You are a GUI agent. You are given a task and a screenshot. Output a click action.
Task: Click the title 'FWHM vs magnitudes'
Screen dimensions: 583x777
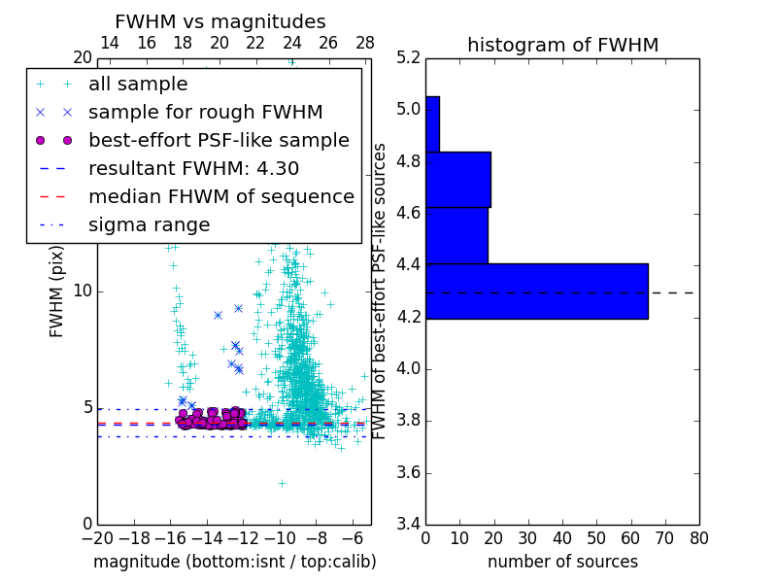click(220, 21)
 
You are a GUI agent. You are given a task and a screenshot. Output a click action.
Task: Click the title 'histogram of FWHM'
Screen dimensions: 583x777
click(562, 45)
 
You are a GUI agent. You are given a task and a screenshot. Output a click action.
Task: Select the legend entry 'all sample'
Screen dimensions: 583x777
click(138, 85)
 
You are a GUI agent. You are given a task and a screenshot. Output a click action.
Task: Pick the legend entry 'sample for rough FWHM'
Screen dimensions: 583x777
click(205, 113)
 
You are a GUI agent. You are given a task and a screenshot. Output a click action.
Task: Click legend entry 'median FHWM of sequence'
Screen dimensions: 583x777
click(220, 197)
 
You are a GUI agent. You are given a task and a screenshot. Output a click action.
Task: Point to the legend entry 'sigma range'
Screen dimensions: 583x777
click(149, 225)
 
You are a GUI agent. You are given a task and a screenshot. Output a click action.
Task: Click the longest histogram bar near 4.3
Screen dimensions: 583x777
click(536, 291)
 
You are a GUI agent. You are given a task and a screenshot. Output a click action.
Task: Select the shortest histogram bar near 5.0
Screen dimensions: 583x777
click(432, 123)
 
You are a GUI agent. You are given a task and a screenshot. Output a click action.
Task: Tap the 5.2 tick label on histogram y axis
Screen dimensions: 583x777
click(409, 57)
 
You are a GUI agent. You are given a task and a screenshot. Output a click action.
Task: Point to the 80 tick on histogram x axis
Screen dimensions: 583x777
click(698, 536)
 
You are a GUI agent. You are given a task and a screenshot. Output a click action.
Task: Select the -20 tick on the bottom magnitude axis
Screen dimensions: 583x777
click(97, 536)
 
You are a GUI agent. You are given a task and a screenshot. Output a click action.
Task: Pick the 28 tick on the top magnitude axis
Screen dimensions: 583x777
click(365, 43)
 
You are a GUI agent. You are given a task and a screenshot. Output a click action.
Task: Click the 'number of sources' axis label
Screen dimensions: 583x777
click(562, 562)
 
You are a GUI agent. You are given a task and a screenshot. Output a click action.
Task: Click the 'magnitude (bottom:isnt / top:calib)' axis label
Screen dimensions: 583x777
click(234, 562)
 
